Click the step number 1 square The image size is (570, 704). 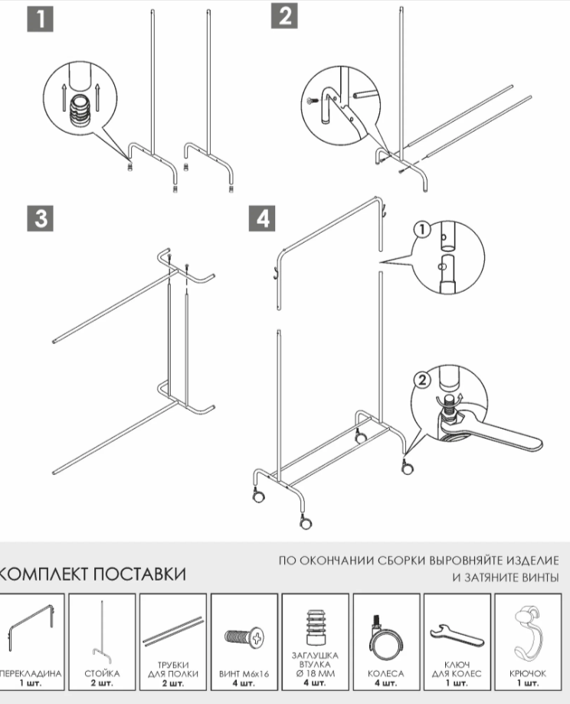41,18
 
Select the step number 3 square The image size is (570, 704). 41,218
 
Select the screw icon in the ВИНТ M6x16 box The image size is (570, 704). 244,635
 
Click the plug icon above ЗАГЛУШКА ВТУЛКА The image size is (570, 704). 315,627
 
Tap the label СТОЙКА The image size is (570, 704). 102,673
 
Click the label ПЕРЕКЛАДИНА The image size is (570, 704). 31,673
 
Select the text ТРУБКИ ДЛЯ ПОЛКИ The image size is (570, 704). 173,669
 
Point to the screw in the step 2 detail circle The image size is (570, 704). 312,100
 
